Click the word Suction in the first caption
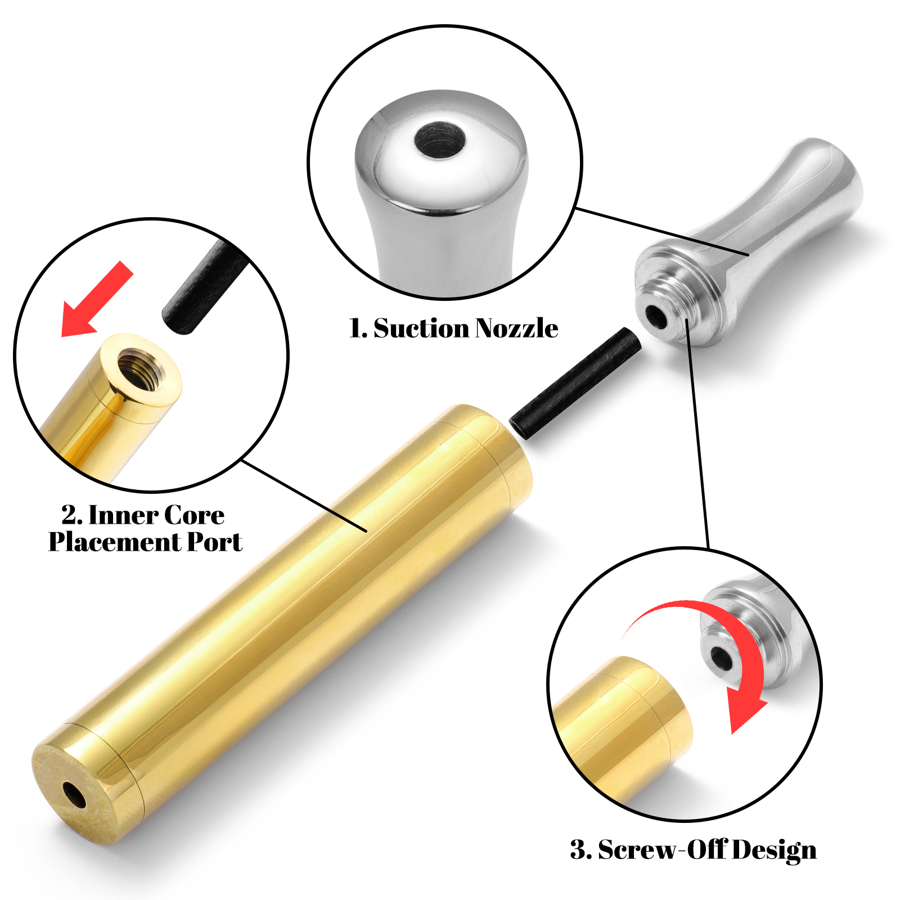[421, 328]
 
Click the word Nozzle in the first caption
[516, 328]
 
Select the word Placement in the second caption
[114, 542]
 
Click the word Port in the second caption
[214, 542]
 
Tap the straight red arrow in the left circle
[97, 299]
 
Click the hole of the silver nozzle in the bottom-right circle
[721, 658]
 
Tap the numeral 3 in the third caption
[578, 849]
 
